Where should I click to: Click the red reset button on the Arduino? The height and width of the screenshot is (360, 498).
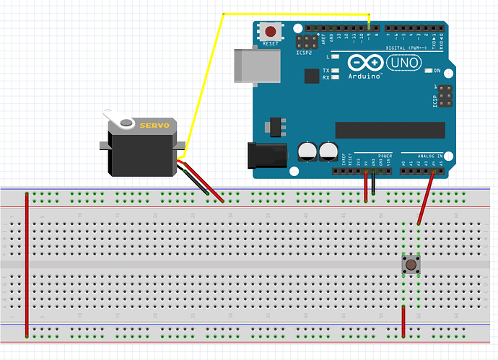pos(271,32)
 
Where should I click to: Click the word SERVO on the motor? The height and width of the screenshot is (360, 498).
pos(154,125)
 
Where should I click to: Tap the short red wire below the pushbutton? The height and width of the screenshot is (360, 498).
pos(403,322)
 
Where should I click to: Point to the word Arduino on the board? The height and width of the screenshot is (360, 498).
pos(364,75)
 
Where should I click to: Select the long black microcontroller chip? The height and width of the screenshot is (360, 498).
pos(390,129)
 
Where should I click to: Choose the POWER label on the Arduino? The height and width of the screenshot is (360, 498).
pos(383,154)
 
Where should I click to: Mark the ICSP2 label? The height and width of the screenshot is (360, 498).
pos(305,53)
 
